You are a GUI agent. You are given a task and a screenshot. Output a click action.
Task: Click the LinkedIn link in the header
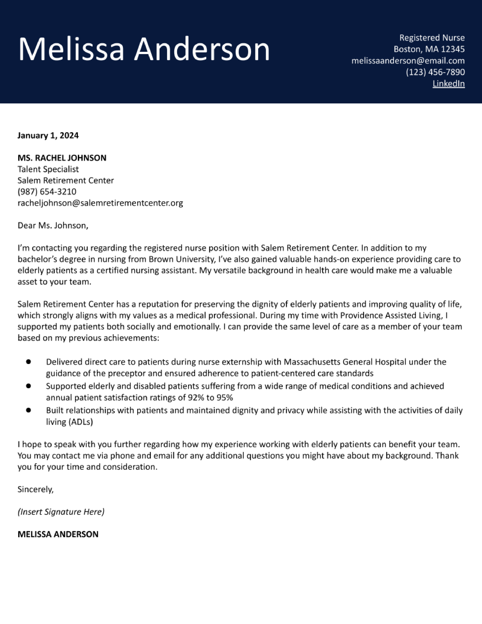pyautogui.click(x=448, y=84)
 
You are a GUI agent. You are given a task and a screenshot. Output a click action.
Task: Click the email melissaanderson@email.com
pyautogui.click(x=408, y=61)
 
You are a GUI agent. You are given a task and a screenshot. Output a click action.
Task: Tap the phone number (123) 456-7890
pyautogui.click(x=435, y=72)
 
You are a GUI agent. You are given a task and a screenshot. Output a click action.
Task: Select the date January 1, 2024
pyautogui.click(x=48, y=135)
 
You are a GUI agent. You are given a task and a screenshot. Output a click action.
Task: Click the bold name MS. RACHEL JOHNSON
pyautogui.click(x=62, y=158)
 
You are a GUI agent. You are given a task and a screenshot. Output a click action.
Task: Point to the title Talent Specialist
pyautogui.click(x=48, y=169)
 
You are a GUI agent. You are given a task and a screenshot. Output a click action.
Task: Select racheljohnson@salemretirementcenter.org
pyautogui.click(x=100, y=203)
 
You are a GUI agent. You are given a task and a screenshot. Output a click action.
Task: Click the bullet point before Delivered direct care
pyautogui.click(x=28, y=362)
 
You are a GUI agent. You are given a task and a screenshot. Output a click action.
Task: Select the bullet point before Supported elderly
pyautogui.click(x=28, y=386)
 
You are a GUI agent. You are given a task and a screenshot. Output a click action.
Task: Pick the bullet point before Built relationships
pyautogui.click(x=28, y=410)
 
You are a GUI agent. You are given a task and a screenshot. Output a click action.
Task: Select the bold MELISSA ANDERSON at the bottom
pyautogui.click(x=58, y=534)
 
